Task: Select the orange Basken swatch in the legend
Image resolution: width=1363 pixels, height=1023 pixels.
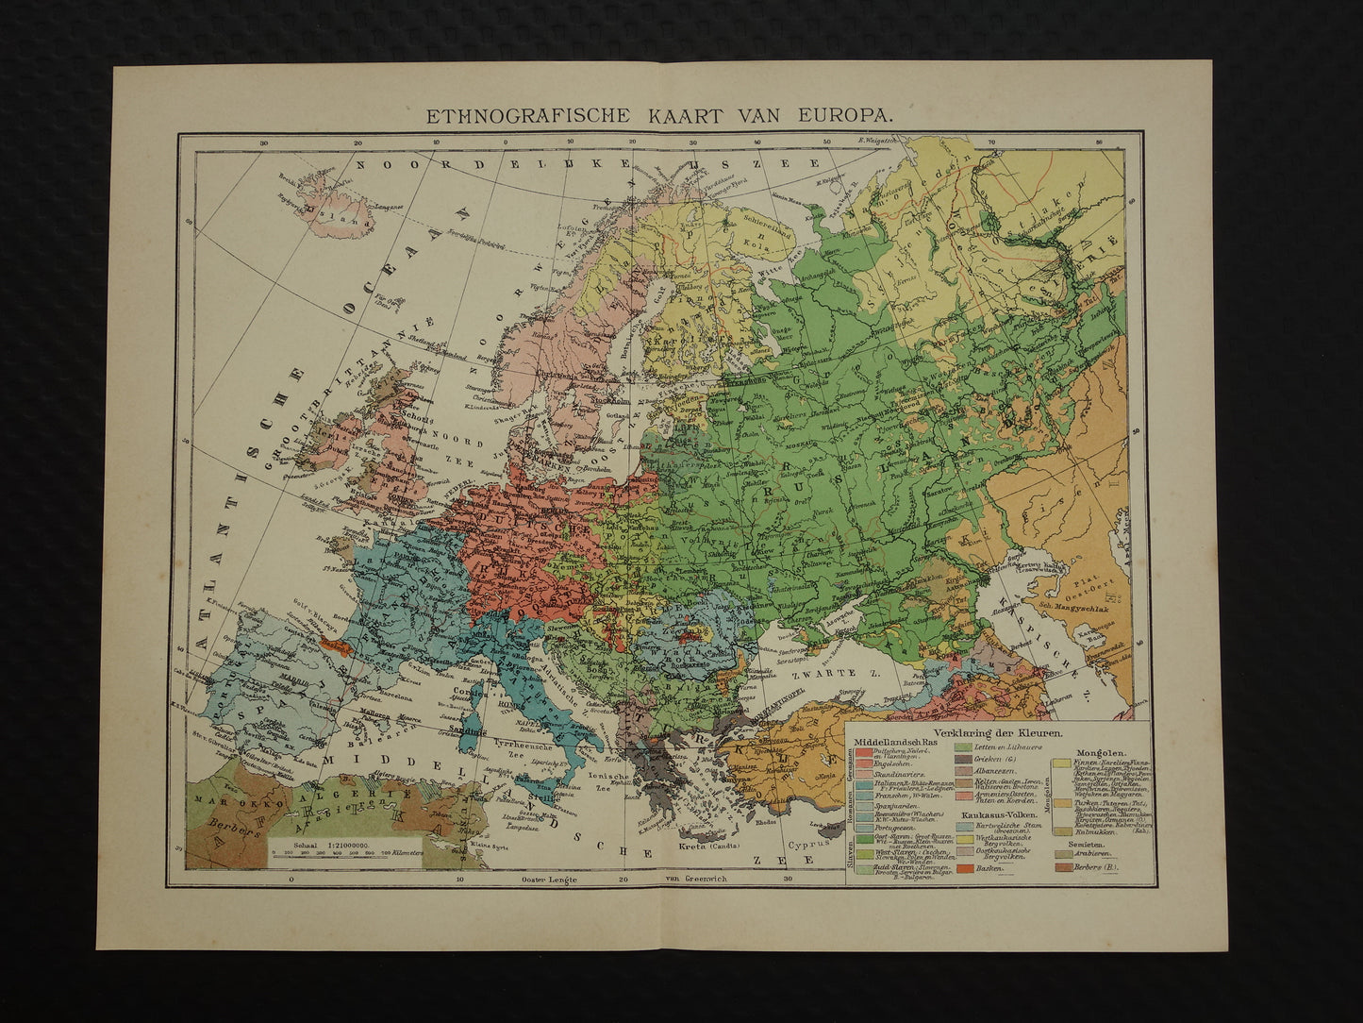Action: (968, 867)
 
